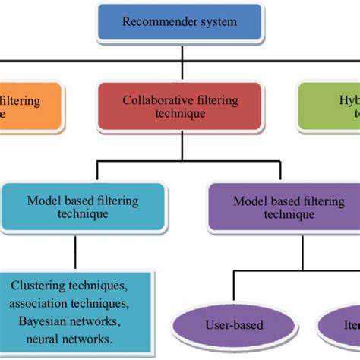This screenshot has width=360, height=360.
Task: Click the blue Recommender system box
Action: click(179, 22)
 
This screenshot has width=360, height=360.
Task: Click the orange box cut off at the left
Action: click(30, 106)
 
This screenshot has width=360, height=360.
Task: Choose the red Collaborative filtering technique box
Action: click(179, 106)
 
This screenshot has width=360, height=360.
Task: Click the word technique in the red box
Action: click(179, 113)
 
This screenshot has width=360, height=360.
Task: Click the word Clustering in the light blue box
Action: click(38, 285)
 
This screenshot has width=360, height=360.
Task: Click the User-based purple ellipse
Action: click(234, 325)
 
